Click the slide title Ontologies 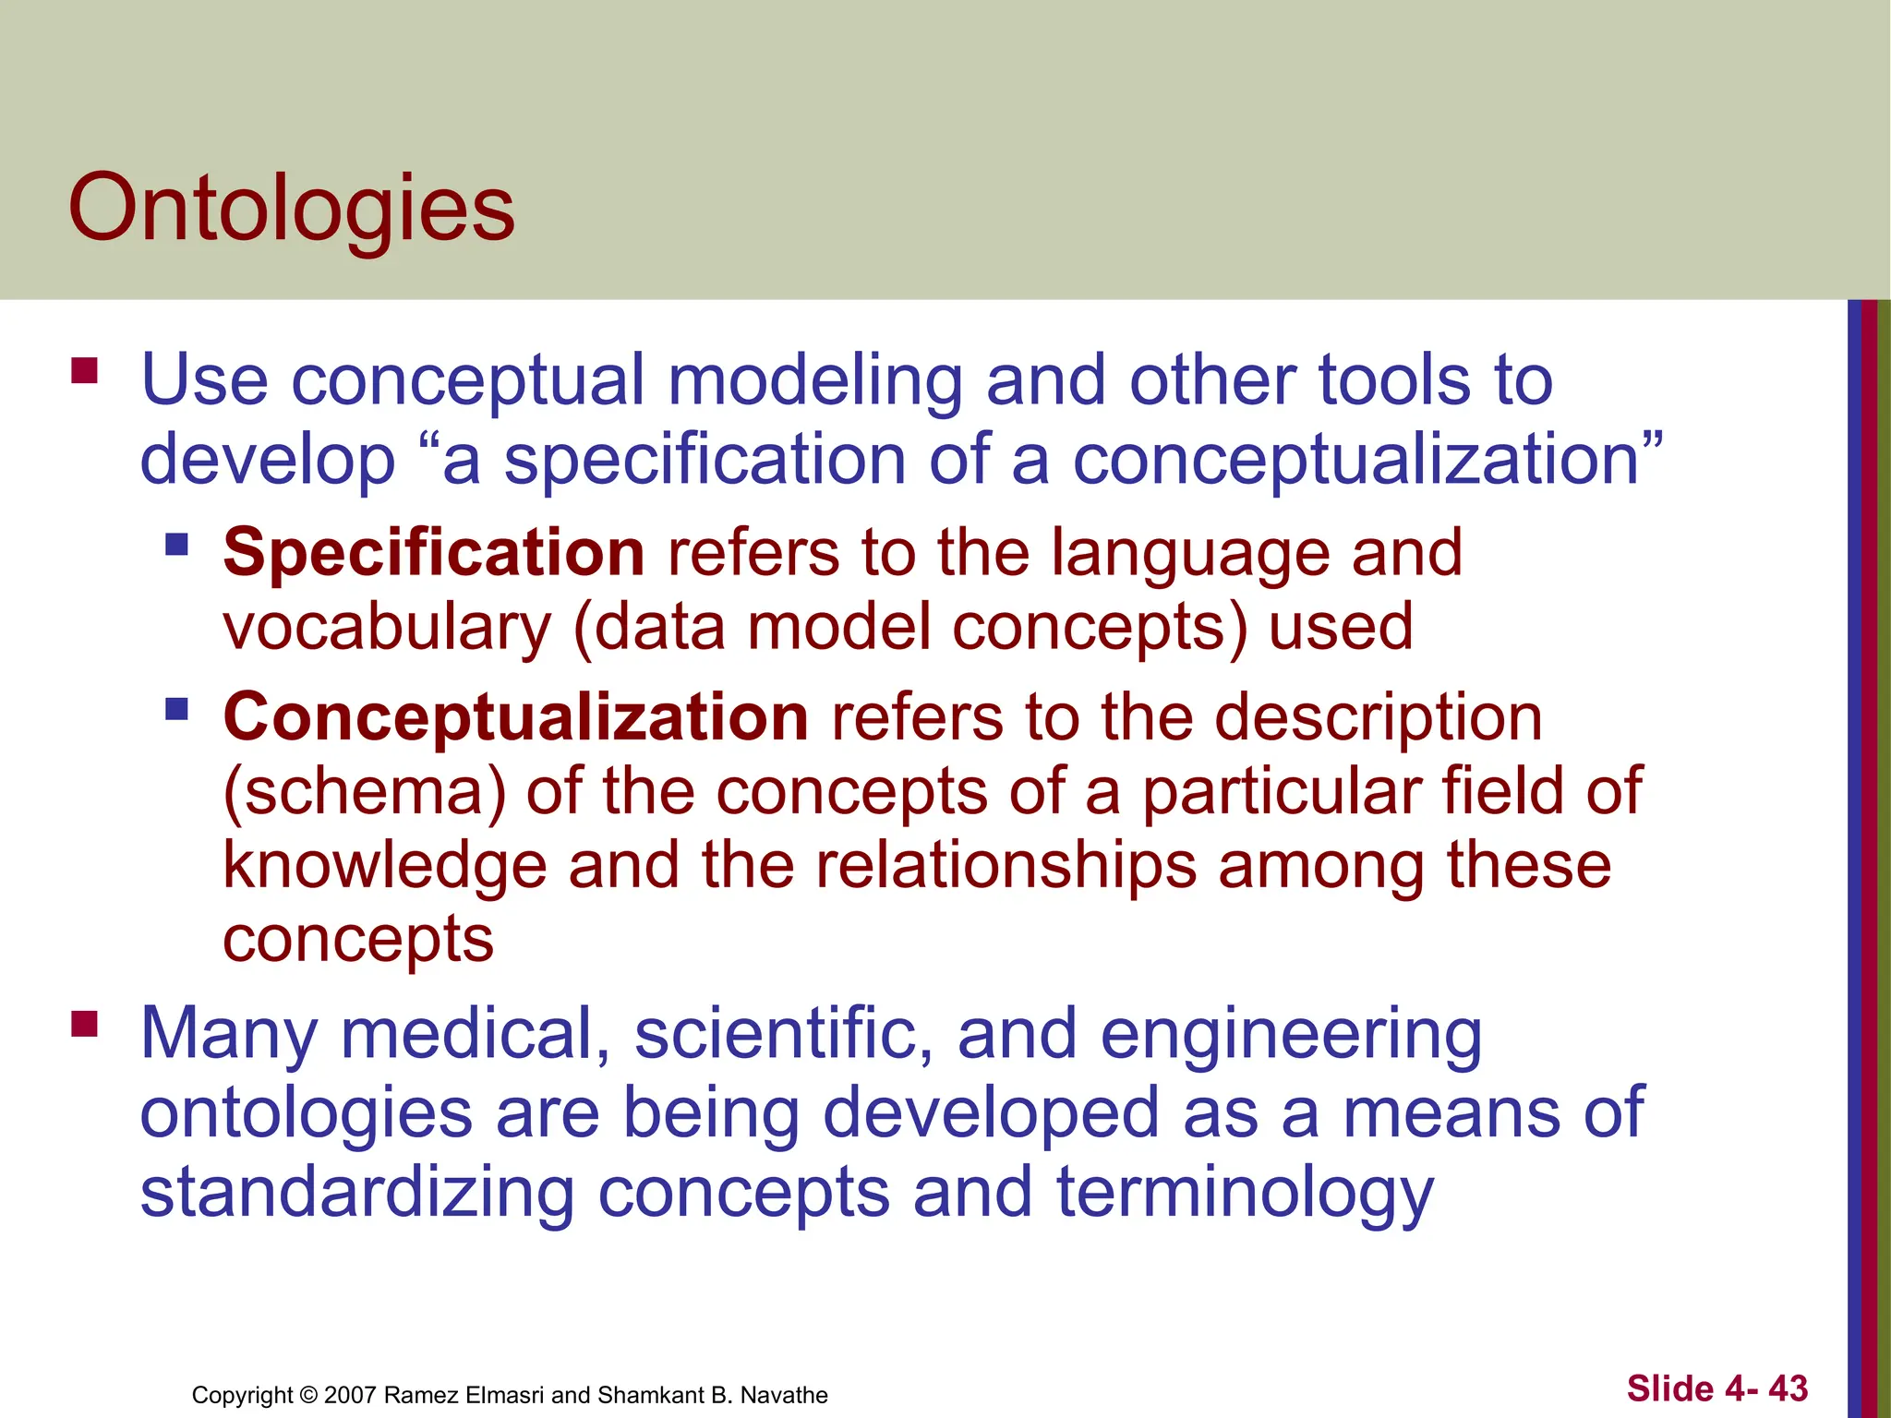[291, 209]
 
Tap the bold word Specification [434, 553]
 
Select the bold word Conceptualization [516, 717]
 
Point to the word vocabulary [387, 628]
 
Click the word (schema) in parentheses [365, 793]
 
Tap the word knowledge [385, 866]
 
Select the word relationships [1006, 866]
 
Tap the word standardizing [357, 1192]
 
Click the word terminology [1245, 1194]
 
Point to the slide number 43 [1788, 1388]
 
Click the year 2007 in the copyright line [350, 1395]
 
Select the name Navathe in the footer [784, 1395]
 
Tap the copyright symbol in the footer [308, 1395]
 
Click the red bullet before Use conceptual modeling [84, 370]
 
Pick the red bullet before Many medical [84, 1024]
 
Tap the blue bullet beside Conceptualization [176, 709]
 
